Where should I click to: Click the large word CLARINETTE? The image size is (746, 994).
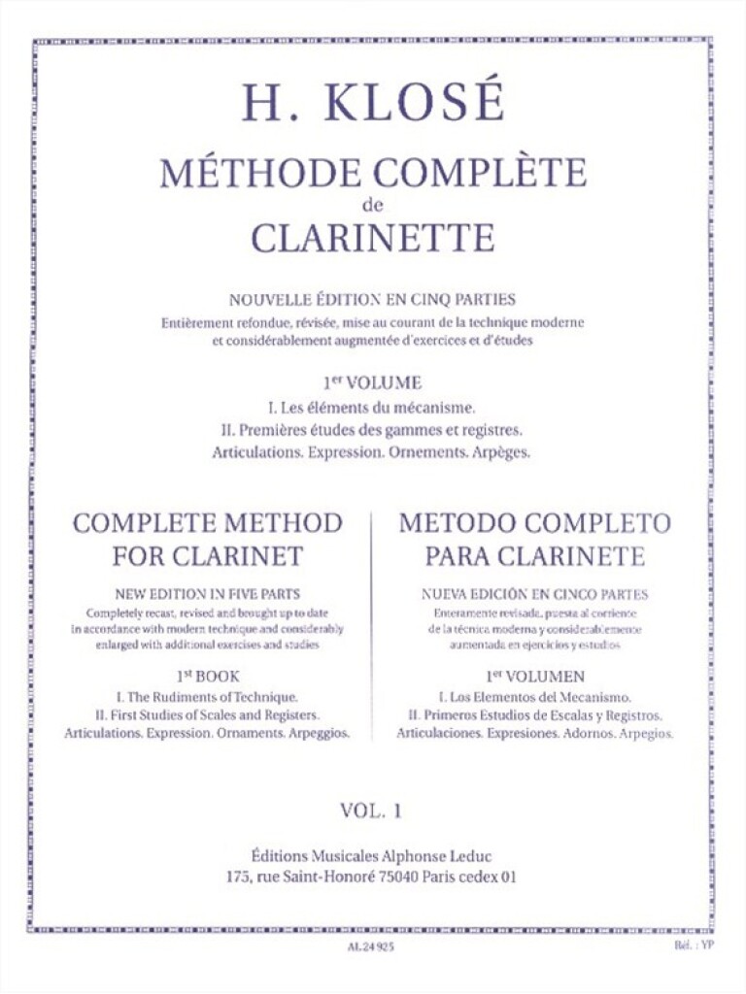point(373,238)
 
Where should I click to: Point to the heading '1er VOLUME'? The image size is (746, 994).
point(373,383)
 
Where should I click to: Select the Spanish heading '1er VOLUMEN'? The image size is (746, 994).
point(535,673)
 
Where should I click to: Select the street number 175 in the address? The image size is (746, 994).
point(238,876)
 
